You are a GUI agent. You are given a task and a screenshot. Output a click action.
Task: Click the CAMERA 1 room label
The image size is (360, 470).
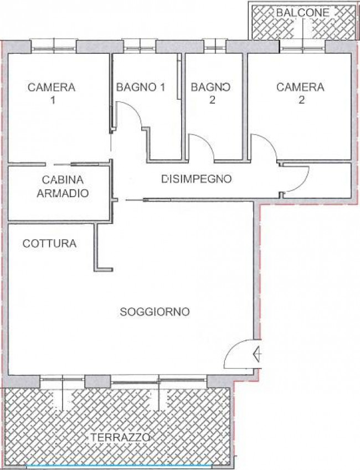click(52, 93)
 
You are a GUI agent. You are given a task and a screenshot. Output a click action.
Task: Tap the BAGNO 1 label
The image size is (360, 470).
click(141, 87)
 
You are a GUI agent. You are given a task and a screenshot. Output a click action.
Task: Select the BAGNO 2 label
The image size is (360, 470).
click(211, 93)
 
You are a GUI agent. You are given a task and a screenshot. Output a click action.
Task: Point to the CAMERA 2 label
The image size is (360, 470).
click(300, 93)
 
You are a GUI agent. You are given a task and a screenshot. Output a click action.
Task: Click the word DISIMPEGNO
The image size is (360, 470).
click(197, 179)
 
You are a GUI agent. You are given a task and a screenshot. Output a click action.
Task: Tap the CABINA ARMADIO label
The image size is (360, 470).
click(63, 186)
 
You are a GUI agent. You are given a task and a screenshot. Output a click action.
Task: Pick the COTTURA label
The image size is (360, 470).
click(49, 243)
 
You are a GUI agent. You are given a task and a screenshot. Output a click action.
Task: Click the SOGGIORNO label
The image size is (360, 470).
click(155, 312)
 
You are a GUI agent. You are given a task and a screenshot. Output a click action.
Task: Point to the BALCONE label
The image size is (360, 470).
click(302, 13)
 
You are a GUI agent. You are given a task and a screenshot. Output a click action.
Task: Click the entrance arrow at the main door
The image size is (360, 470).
click(258, 354)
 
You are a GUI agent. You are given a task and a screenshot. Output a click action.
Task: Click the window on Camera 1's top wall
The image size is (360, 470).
click(54, 47)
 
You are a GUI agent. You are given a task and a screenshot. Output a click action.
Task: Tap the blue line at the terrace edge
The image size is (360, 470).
click(120, 466)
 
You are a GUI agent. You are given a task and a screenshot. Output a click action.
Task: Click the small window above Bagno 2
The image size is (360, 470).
click(214, 47)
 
